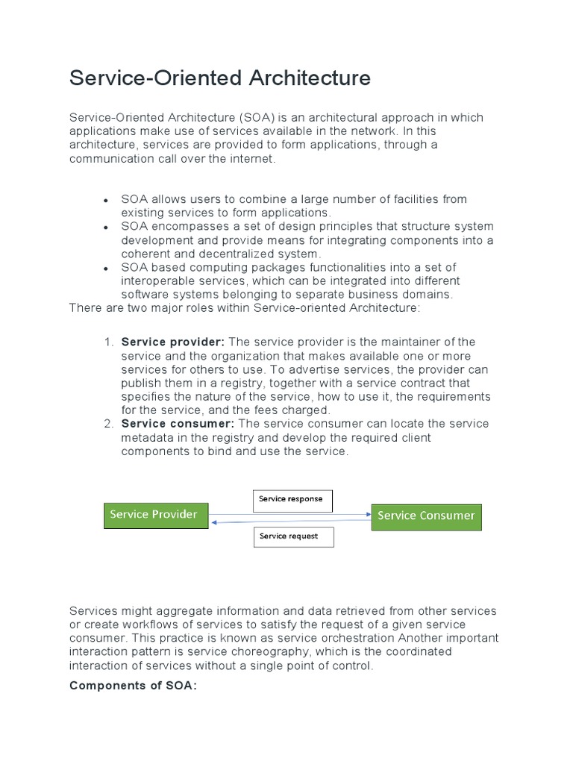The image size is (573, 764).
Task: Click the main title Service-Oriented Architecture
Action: click(220, 78)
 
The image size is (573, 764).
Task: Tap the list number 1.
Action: click(108, 342)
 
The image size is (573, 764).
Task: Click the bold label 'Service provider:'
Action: click(173, 342)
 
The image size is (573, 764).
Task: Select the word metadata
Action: click(149, 437)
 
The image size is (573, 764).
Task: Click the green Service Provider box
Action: click(155, 515)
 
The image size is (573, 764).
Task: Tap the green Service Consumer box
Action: click(426, 516)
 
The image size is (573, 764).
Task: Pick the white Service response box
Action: click(292, 500)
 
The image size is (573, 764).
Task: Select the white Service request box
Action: click(292, 536)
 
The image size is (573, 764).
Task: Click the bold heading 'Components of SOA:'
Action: click(133, 686)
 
